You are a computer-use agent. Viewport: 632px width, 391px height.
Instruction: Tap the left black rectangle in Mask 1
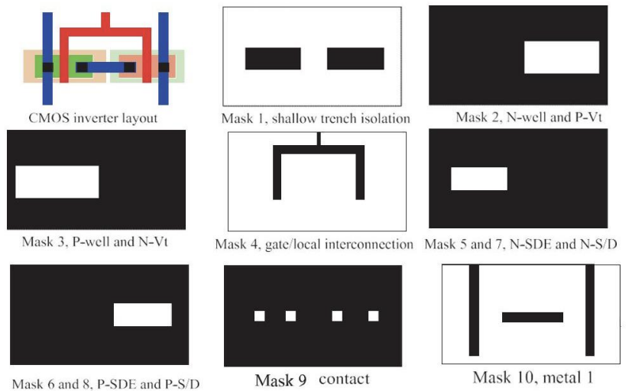tap(273, 59)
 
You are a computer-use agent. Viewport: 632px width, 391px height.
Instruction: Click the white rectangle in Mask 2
tap(560, 58)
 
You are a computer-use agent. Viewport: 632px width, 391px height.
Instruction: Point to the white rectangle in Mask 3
tap(57, 182)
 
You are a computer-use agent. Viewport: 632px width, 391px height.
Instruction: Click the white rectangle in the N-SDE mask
tap(479, 179)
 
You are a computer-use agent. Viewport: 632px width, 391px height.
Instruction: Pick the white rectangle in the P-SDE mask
tap(143, 315)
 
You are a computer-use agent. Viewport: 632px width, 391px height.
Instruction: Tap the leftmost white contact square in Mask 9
tap(260, 315)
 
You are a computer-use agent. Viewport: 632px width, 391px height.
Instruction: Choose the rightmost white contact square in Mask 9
tap(373, 315)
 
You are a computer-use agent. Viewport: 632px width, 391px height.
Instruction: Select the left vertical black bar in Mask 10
tap(474, 309)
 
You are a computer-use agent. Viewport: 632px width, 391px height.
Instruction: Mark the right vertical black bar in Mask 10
tap(589, 309)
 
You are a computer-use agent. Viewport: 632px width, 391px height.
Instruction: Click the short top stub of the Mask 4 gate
tap(318, 138)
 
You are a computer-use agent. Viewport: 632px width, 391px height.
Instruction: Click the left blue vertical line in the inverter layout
tap(48, 57)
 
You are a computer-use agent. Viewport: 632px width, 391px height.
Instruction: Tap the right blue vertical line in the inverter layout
tap(164, 57)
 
